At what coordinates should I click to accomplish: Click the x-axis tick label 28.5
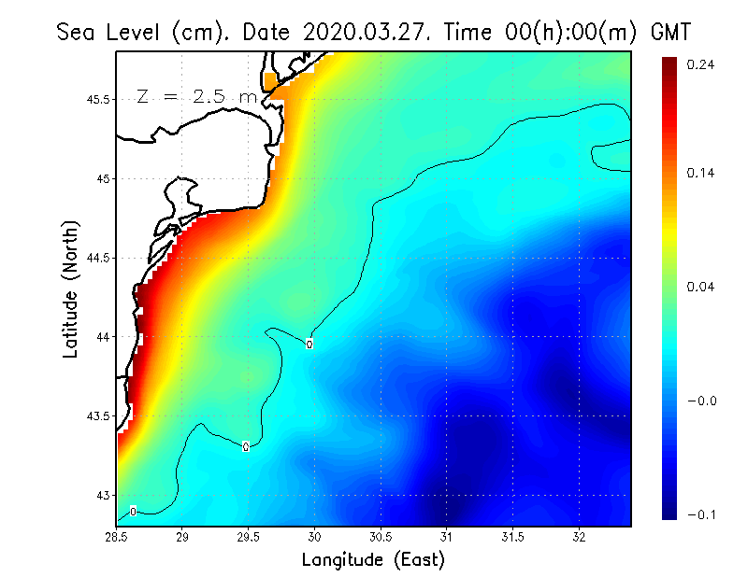[117, 537]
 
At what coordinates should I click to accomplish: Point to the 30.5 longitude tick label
[381, 537]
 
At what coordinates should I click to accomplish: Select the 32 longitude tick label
[579, 537]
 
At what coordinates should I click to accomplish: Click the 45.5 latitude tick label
[95, 99]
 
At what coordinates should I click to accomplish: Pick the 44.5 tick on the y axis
[95, 258]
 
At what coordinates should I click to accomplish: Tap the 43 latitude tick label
[102, 495]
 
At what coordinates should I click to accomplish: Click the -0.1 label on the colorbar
[701, 514]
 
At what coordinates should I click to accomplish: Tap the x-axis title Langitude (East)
[373, 559]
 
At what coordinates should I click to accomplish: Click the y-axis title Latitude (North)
[71, 289]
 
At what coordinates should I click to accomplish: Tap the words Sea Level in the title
[110, 32]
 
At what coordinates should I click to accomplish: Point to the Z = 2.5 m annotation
[196, 96]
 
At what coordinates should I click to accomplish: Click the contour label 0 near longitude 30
[309, 344]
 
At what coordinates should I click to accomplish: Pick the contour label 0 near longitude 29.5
[245, 446]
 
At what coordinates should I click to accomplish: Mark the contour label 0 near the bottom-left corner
[134, 511]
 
